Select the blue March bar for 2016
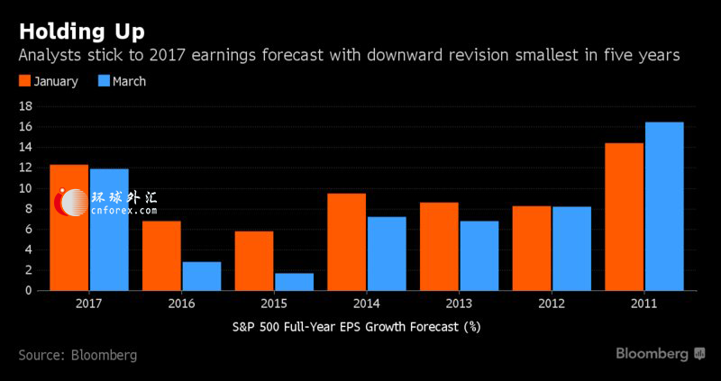[201, 276]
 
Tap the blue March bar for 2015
[294, 281]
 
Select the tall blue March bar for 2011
[664, 206]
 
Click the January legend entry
[49, 81]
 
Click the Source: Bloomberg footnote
[78, 355]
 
